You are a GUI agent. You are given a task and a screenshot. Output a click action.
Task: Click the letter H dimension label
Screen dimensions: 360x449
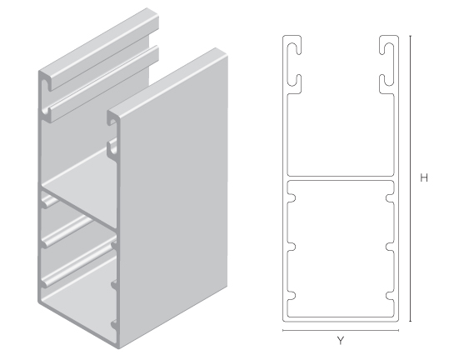424,177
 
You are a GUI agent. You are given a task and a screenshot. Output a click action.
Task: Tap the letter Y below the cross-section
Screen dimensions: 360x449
340,340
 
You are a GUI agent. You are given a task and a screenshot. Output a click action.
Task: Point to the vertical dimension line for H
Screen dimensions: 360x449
411,177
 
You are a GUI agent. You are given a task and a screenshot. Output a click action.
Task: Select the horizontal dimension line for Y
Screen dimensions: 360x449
340,331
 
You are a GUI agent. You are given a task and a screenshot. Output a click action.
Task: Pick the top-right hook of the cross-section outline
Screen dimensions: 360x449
389,58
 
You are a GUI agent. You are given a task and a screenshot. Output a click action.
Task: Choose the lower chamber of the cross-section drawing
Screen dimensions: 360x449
340,250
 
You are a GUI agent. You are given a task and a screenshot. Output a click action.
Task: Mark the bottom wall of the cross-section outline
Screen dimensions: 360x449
340,319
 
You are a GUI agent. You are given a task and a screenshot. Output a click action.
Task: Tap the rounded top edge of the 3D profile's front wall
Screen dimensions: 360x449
167,79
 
